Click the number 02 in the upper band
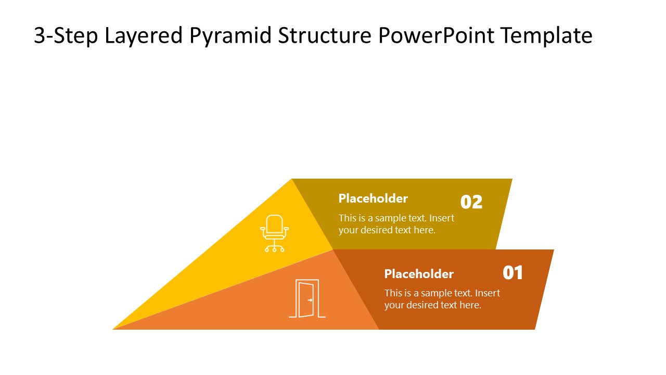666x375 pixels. [x=471, y=202]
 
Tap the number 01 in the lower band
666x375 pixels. [x=513, y=273]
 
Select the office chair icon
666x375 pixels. [x=274, y=233]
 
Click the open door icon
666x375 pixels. [x=307, y=298]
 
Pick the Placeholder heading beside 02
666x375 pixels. [x=373, y=198]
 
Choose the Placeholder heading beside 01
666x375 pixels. [x=419, y=274]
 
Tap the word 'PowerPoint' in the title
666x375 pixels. [x=436, y=36]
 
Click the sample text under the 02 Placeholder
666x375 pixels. [x=396, y=224]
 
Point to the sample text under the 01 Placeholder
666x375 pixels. [x=442, y=299]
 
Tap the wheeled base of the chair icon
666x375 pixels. [x=274, y=247]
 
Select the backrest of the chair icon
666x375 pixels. [x=275, y=223]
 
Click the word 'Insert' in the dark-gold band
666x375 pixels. [x=442, y=218]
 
